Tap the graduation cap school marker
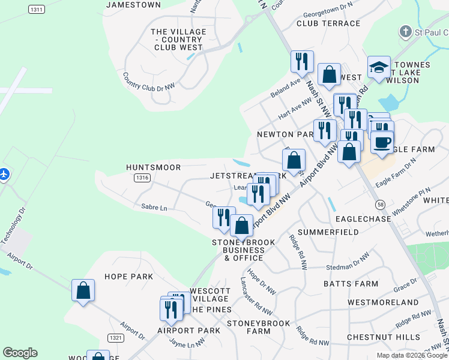379,68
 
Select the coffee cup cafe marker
382,143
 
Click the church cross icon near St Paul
406,31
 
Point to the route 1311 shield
37,10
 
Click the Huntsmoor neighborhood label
153,167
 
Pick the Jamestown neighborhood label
133,5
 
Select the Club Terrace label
328,23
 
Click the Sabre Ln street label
154,208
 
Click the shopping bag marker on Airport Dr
83,290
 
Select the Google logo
20,353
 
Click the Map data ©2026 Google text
412,355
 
